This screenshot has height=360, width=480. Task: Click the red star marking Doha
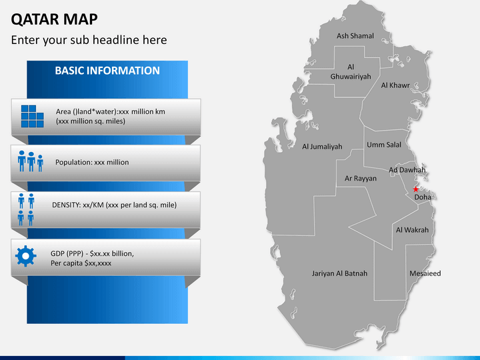[x=416, y=189]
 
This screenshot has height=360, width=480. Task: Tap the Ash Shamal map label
[x=355, y=36]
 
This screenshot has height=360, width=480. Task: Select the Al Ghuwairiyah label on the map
[x=351, y=72]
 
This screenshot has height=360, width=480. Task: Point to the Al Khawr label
[x=395, y=85]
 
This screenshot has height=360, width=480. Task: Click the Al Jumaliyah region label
[x=322, y=147]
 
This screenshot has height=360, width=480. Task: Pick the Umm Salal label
[x=384, y=145]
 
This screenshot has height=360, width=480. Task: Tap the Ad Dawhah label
[x=407, y=170]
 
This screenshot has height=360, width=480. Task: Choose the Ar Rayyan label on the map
[x=361, y=179]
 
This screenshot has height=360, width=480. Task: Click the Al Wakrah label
[x=412, y=230]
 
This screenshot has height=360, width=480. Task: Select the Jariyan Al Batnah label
[x=339, y=273]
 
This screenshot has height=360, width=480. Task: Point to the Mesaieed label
[x=425, y=273]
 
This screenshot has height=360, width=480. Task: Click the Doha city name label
[x=423, y=197]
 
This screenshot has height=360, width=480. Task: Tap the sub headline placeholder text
[x=89, y=40]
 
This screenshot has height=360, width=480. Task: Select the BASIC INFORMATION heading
[x=107, y=71]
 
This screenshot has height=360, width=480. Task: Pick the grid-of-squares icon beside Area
[x=31, y=116]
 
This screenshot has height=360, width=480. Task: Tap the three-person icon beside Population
[x=31, y=161]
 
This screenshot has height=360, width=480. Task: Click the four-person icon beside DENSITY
[x=26, y=209]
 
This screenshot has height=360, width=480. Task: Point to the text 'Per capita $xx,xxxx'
[x=81, y=263]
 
